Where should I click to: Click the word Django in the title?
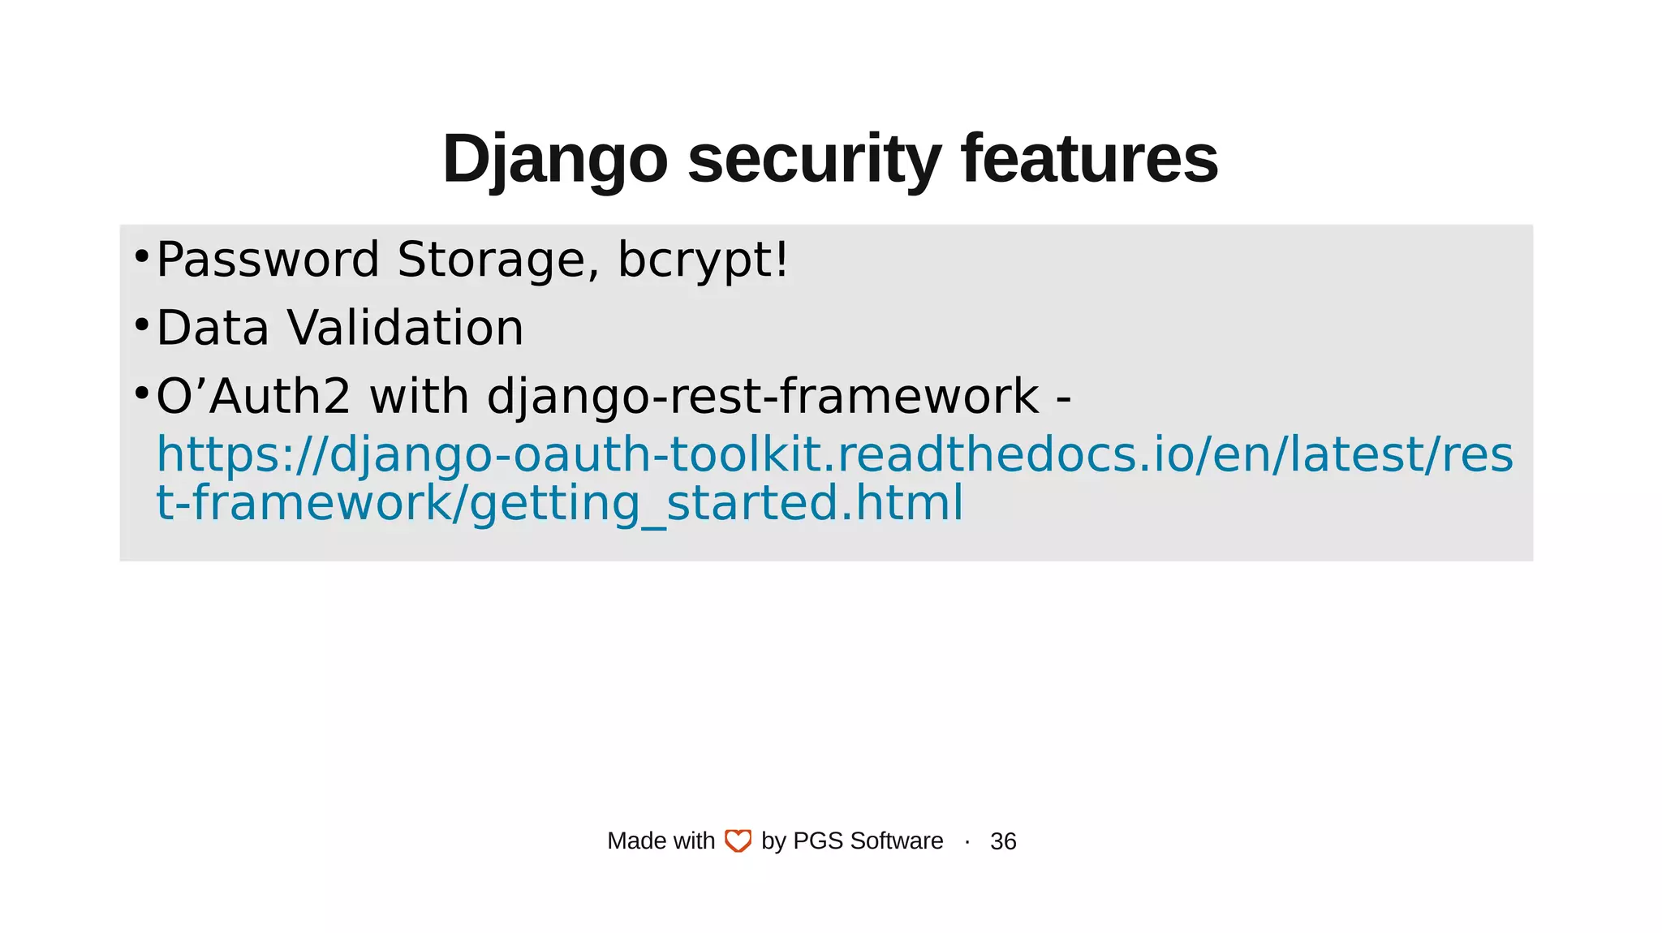tap(554, 160)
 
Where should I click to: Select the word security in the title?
tap(814, 160)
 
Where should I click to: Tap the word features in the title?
tap(1089, 160)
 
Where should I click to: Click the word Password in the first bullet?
tap(268, 260)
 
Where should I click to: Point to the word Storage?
tap(498, 260)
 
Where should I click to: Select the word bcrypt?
tap(703, 261)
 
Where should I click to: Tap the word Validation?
tap(406, 329)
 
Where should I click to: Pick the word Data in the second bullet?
tap(213, 329)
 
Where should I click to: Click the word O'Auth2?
tap(253, 397)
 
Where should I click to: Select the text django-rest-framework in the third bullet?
tap(763, 398)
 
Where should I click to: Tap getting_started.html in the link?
tap(717, 503)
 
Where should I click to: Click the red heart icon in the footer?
tap(738, 841)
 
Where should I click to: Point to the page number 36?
tap(1003, 841)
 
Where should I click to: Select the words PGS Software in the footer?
tap(868, 841)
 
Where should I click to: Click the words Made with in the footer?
tap(661, 841)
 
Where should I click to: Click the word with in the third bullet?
tap(419, 397)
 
